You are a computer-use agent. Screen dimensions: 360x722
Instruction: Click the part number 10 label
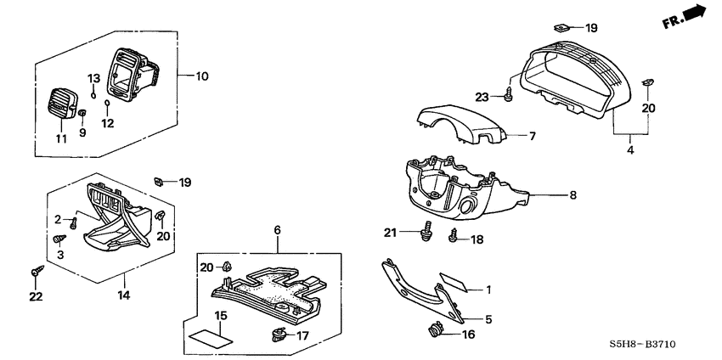coord(201,76)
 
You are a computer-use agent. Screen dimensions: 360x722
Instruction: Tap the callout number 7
coord(533,136)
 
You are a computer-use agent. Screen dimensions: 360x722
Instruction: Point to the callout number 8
coord(573,194)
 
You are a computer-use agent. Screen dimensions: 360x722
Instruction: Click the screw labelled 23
coord(508,96)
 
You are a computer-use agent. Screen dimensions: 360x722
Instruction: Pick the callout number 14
coord(124,295)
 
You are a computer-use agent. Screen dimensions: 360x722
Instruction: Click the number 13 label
coord(94,78)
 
